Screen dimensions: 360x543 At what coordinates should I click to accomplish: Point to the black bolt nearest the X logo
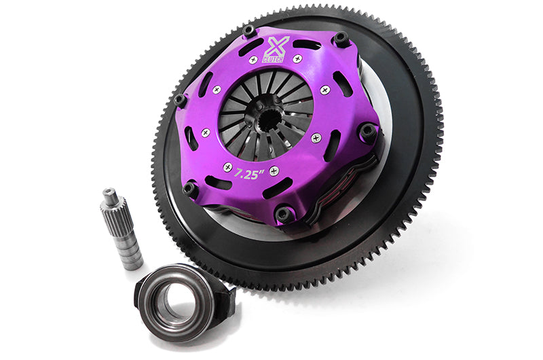pyautogui.click(x=249, y=31)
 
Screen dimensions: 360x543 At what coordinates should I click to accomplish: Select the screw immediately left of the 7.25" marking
pyautogui.click(x=227, y=167)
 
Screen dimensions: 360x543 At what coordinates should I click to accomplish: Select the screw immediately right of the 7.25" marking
pyautogui.click(x=274, y=170)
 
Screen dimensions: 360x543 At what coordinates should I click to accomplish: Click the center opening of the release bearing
pyautogui.click(x=174, y=299)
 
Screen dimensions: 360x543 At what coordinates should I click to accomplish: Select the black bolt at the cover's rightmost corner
pyautogui.click(x=367, y=131)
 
